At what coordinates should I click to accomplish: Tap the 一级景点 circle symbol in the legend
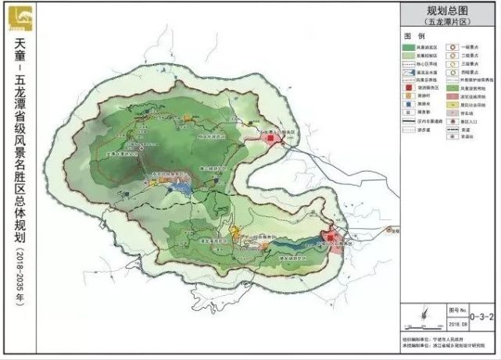coord(454,48)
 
